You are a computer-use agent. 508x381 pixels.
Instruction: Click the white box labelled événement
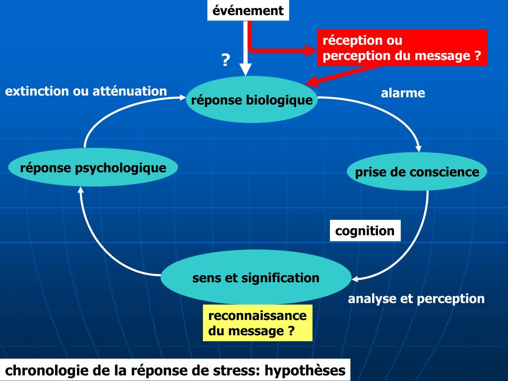(x=248, y=10)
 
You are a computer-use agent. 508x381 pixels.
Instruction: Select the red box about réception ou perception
(x=402, y=48)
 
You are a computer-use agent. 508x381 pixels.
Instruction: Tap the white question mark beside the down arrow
(x=226, y=61)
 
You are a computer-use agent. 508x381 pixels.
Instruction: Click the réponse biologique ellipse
(x=252, y=100)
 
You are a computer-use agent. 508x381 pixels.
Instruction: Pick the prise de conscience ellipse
(x=417, y=172)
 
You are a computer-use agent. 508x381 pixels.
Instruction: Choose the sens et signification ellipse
(x=255, y=277)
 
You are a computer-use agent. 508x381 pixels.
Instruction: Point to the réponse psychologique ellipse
(x=93, y=168)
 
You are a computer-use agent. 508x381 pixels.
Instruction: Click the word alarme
(x=403, y=93)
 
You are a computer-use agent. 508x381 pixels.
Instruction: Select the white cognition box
(x=365, y=231)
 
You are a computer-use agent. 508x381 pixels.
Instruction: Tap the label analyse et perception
(x=416, y=299)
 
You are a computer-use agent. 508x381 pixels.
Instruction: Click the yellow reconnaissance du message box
(x=257, y=323)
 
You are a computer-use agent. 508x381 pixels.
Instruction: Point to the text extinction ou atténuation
(x=86, y=91)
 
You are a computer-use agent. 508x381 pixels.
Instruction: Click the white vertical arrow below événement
(x=246, y=50)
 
